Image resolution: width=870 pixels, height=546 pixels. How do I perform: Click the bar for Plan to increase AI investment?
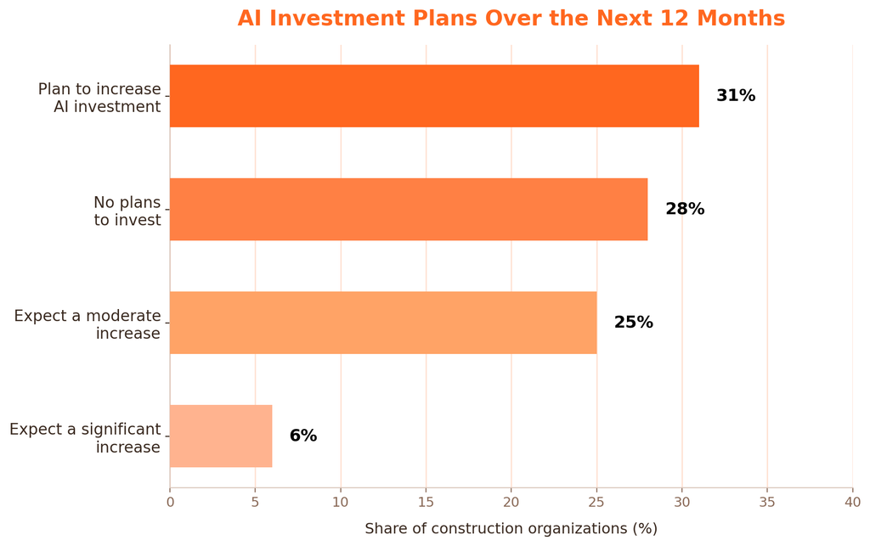pyautogui.click(x=434, y=96)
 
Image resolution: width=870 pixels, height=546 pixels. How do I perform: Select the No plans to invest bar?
pyautogui.click(x=409, y=210)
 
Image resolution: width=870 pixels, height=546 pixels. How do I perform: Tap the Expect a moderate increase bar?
pyautogui.click(x=383, y=323)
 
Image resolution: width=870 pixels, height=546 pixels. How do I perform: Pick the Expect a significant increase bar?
pyautogui.click(x=222, y=436)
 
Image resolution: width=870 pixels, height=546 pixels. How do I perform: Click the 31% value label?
pyautogui.click(x=736, y=96)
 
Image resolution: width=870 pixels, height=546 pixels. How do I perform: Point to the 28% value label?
pyautogui.click(x=685, y=209)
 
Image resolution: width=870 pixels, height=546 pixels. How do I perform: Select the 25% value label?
pyautogui.click(x=634, y=323)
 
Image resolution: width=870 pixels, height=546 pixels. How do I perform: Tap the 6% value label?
pyautogui.click(x=303, y=436)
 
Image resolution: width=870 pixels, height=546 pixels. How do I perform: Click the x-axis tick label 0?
pyautogui.click(x=170, y=502)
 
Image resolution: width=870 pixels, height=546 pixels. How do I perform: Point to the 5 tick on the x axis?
pyautogui.click(x=255, y=502)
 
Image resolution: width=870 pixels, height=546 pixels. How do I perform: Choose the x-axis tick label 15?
pyautogui.click(x=427, y=502)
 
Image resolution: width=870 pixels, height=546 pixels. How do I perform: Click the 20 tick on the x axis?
pyautogui.click(x=511, y=502)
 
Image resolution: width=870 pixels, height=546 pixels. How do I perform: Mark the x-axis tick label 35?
pyautogui.click(x=767, y=502)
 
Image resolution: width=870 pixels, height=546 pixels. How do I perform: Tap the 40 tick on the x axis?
pyautogui.click(x=853, y=502)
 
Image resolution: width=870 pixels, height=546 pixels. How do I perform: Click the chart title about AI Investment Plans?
pyautogui.click(x=511, y=19)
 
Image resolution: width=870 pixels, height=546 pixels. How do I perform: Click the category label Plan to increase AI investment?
pyautogui.click(x=99, y=98)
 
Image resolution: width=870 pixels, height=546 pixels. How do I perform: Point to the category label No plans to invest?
pyautogui.click(x=127, y=211)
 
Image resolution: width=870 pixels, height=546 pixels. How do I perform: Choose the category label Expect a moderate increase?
pyautogui.click(x=88, y=324)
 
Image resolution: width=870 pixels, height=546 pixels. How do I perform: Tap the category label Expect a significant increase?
pyautogui.click(x=85, y=438)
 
